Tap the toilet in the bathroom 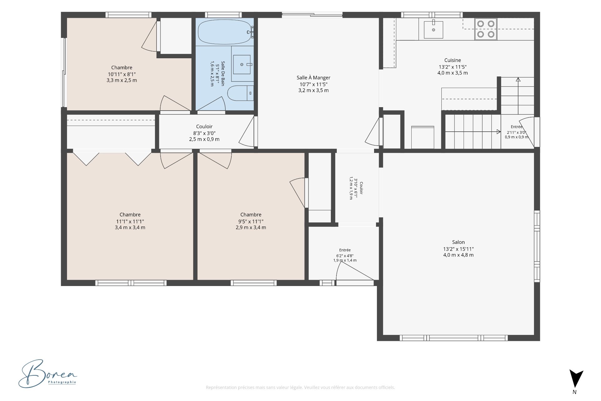click(240, 93)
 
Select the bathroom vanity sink click(242, 65)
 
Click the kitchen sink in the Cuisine click(434, 29)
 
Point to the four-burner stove click(486, 29)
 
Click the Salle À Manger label click(313, 78)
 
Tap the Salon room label click(458, 242)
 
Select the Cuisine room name click(453, 60)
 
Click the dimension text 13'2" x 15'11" click(458, 249)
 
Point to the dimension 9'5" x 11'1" click(251, 221)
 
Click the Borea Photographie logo click(48, 373)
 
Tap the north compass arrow click(576, 379)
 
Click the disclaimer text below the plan click(300, 388)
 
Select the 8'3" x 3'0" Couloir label click(204, 133)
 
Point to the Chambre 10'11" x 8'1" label click(122, 74)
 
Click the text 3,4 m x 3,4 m click(130, 227)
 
